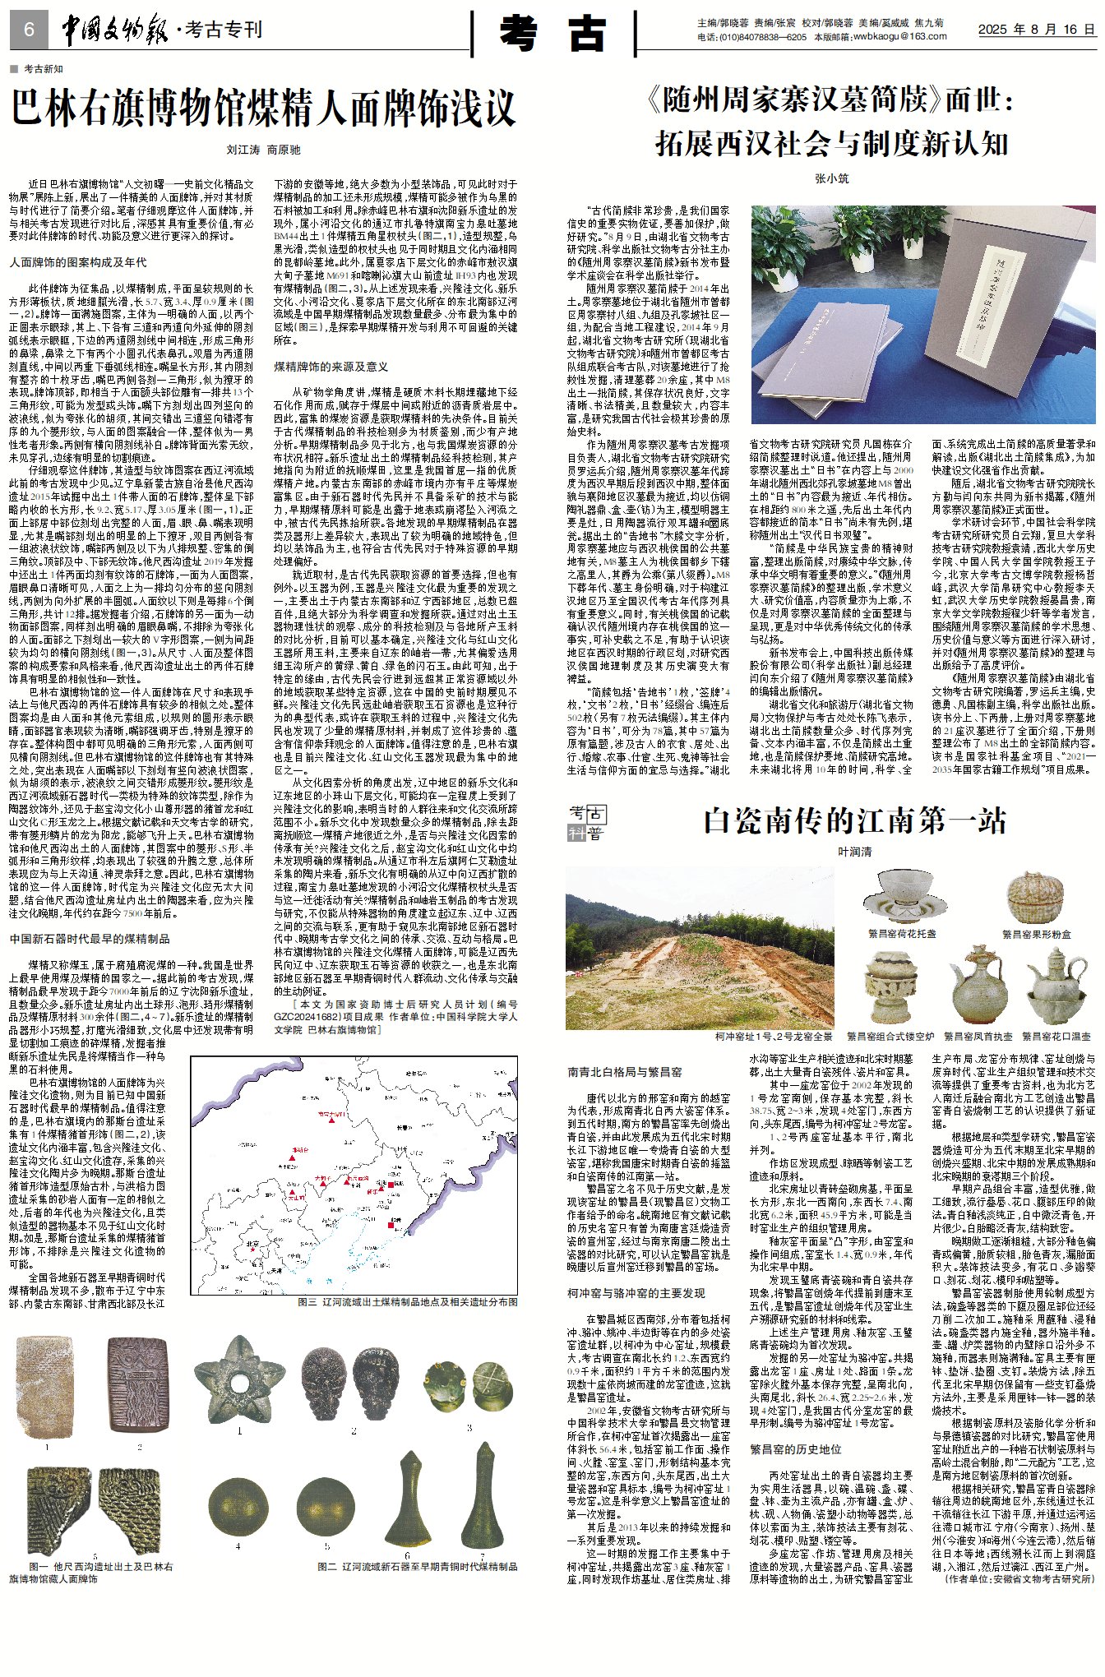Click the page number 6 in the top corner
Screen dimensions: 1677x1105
[29, 30]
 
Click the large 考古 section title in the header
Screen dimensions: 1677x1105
[553, 34]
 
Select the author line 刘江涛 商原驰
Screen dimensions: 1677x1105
[263, 150]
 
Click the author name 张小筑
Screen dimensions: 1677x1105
[831, 178]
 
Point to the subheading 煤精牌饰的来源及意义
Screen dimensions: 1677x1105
[331, 367]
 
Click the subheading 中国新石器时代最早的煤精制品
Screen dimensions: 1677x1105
[90, 939]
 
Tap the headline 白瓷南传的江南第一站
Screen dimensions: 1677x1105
[854, 820]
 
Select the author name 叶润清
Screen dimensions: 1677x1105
[854, 852]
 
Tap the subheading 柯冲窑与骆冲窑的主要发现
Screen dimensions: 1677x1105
[636, 1293]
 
